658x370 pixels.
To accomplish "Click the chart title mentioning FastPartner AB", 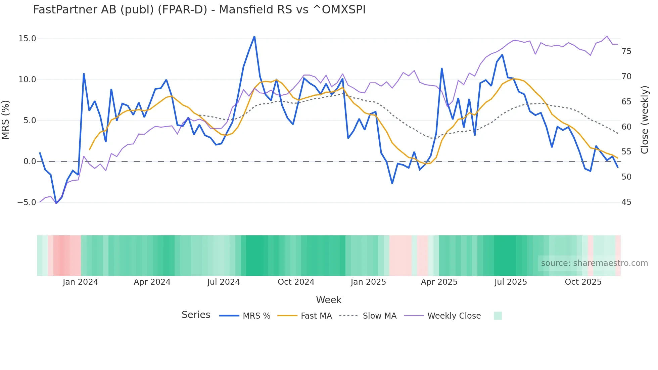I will coord(199,10).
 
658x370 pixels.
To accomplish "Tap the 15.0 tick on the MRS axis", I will coord(27,39).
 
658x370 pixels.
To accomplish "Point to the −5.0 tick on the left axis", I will coord(27,202).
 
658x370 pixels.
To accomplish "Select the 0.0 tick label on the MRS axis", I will coord(30,161).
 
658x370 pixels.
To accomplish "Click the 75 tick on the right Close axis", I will coord(626,51).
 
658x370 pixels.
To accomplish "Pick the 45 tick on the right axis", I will coord(626,202).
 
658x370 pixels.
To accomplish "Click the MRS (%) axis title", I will coord(6,120).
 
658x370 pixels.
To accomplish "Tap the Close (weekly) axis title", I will coord(645,120).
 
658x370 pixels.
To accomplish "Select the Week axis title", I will coord(329,300).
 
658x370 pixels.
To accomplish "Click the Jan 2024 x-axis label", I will coord(80,282).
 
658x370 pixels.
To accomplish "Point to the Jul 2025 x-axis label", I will coord(511,282).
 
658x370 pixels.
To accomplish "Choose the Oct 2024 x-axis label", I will coord(296,282).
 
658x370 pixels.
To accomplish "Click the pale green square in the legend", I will coord(498,316).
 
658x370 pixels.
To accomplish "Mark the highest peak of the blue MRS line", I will coord(254,36).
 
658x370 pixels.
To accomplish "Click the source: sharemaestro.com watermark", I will coord(594,263).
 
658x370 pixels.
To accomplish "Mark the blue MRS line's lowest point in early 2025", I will coord(392,183).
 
